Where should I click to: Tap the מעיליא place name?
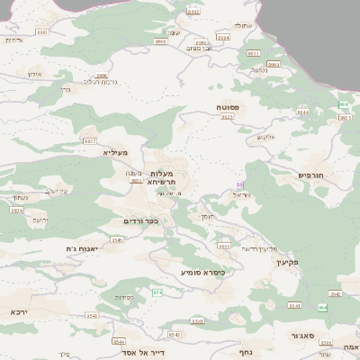117,153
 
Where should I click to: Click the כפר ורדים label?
141,220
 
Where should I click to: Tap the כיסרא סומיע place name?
202,271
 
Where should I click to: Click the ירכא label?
20,311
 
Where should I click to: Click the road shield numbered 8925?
227,117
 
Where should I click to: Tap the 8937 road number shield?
89,141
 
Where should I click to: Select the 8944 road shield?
302,112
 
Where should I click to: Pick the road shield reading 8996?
102,76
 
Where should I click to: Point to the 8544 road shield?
119,341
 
